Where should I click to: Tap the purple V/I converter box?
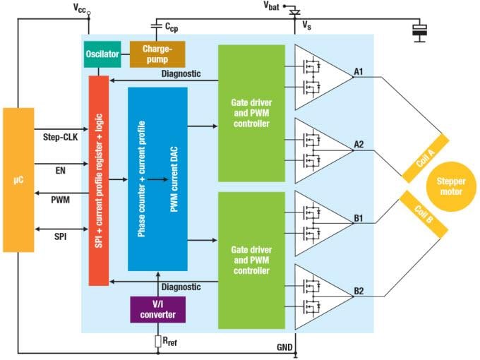click(158, 309)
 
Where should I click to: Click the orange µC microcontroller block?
click(18, 180)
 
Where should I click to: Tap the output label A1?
click(359, 71)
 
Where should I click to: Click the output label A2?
click(359, 145)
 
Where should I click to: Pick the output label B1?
click(359, 218)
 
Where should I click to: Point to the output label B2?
click(359, 290)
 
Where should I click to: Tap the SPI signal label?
click(60, 237)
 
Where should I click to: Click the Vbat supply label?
click(270, 7)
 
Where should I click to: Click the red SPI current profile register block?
click(98, 180)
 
